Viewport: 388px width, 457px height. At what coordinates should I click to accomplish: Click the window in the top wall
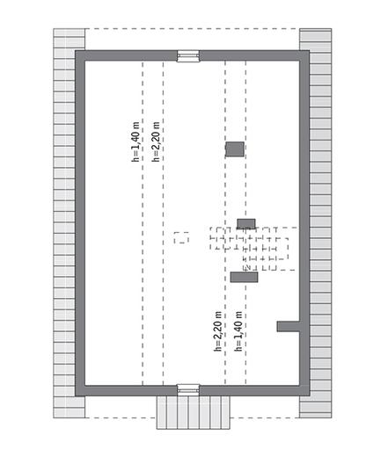coord(187,55)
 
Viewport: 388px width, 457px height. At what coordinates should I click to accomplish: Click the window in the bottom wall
coord(187,388)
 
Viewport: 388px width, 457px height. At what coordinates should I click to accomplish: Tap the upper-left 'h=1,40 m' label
coord(136,141)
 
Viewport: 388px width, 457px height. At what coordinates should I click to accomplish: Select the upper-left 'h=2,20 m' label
coord(157,141)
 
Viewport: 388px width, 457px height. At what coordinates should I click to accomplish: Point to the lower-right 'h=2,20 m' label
coord(218,331)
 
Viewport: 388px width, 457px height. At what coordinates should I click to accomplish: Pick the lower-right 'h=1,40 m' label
coord(238,331)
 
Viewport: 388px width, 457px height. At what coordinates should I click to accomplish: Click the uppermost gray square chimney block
coord(235,149)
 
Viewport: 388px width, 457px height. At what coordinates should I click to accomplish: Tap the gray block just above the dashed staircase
coord(246,223)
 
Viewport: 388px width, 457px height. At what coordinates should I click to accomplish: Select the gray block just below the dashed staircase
coord(244,278)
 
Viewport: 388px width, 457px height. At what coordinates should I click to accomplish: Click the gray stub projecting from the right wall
coord(289,327)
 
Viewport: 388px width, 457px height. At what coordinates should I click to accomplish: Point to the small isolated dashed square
coord(181,237)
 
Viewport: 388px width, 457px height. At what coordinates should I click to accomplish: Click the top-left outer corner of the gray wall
coord(77,52)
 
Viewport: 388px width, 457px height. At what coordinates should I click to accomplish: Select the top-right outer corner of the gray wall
coord(308,52)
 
